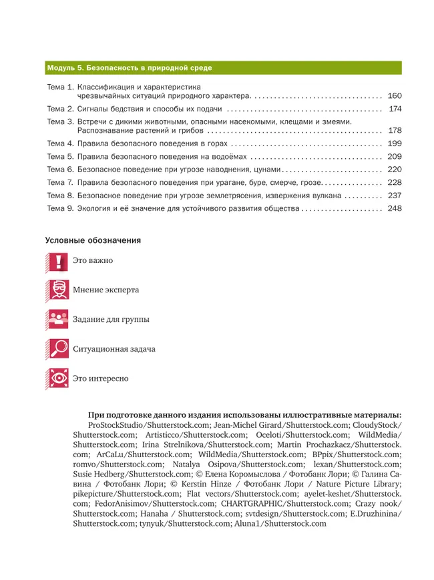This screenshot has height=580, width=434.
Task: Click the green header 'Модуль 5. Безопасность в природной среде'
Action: pos(130,68)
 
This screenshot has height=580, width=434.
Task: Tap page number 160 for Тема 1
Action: pos(394,95)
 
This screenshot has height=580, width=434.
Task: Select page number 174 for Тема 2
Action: pos(394,109)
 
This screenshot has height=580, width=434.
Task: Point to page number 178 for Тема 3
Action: pos(394,130)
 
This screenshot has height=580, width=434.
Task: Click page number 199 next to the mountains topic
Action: pos(394,143)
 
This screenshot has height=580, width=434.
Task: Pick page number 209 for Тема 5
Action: pos(394,156)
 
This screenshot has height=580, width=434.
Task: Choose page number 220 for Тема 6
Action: pos(394,170)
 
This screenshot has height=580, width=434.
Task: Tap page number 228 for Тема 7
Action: pos(394,182)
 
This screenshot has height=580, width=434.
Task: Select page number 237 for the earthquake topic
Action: pos(394,196)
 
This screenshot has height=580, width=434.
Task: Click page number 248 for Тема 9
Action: pos(394,208)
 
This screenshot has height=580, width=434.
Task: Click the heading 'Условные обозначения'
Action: pos(93,240)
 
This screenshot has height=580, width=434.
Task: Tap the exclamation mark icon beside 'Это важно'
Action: pos(58,262)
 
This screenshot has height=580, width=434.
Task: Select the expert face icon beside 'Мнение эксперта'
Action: pos(58,290)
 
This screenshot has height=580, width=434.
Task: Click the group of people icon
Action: pos(58,320)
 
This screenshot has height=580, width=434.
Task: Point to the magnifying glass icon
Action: pos(58,349)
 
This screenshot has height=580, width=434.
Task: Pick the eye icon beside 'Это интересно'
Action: pos(58,378)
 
